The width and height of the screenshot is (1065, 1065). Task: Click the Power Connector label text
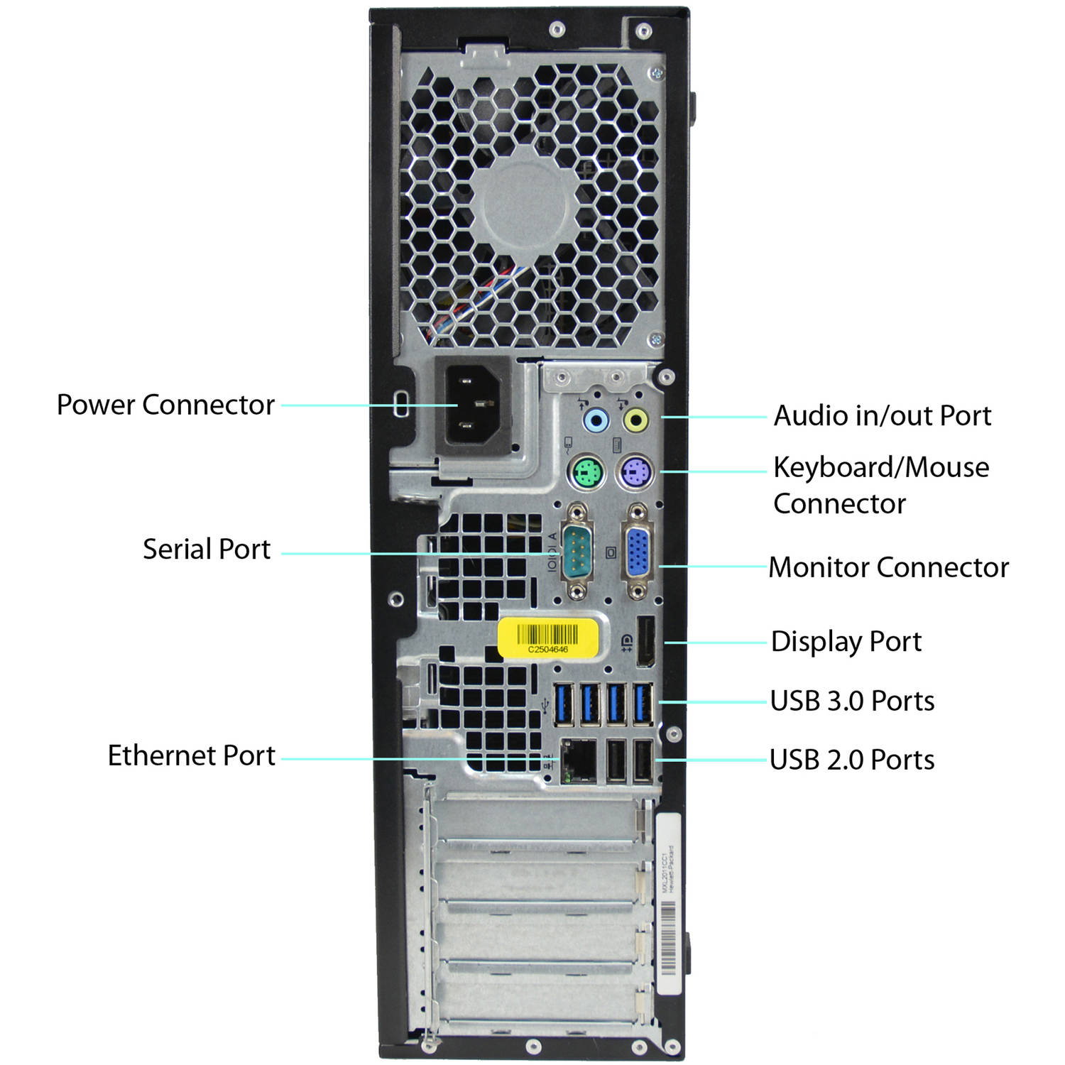click(x=165, y=405)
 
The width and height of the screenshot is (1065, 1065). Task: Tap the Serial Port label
click(x=207, y=550)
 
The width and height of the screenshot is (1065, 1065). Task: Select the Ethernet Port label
click(x=191, y=755)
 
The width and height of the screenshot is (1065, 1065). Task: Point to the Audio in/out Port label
click(x=882, y=416)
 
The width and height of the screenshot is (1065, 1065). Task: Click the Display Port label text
click(x=846, y=642)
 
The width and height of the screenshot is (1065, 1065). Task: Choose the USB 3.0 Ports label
click(x=852, y=701)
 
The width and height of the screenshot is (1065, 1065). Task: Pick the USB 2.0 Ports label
click(x=852, y=760)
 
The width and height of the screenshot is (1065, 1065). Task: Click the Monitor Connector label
click(x=888, y=567)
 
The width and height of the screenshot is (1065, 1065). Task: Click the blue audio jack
click(x=596, y=420)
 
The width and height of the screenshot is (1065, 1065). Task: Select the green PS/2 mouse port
click(x=586, y=472)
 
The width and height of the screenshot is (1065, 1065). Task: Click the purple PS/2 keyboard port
click(x=635, y=471)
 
